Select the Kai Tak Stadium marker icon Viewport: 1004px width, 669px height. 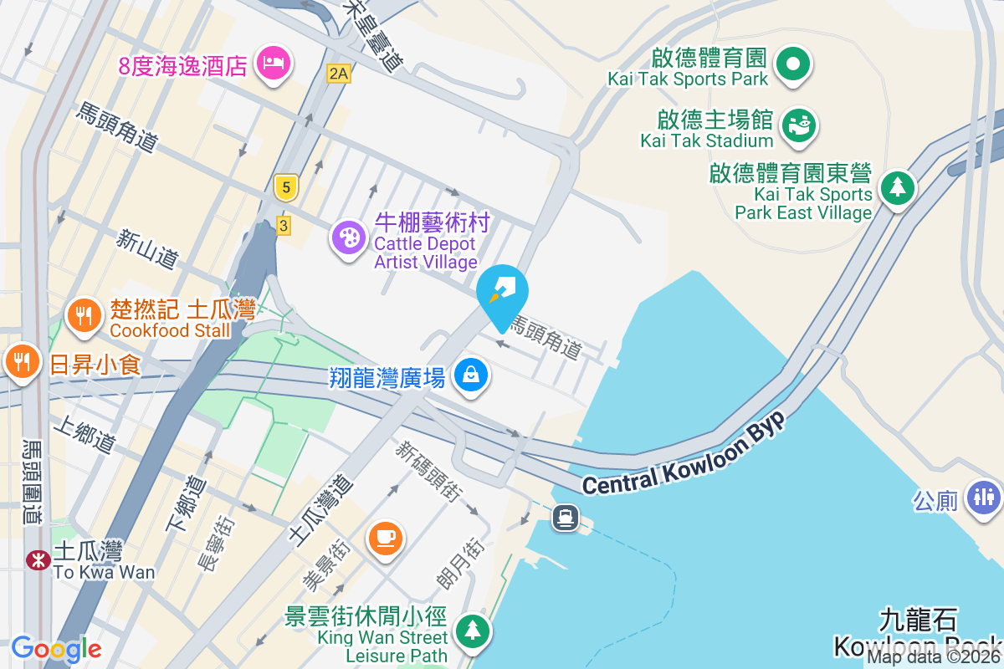click(798, 125)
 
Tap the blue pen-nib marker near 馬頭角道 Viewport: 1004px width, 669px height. click(503, 293)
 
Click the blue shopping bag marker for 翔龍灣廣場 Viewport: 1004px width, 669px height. click(471, 375)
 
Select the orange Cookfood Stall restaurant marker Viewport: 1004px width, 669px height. click(83, 315)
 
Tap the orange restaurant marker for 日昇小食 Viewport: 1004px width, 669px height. click(19, 361)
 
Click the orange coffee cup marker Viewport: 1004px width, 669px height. click(385, 537)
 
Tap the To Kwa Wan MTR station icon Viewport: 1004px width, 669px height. click(38, 559)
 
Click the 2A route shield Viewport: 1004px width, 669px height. click(338, 74)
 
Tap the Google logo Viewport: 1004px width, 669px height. click(56, 649)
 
